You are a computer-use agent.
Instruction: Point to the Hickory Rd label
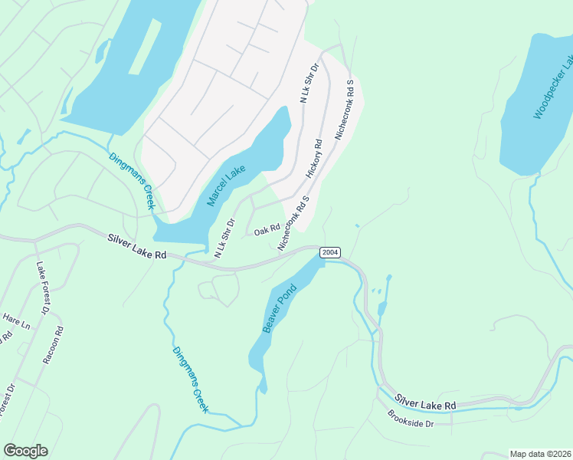[316, 158]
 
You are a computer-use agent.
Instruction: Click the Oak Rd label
[267, 229]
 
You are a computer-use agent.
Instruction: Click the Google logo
[25, 450]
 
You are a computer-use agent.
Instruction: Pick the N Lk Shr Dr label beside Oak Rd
[224, 238]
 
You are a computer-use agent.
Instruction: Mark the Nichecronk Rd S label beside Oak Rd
[293, 223]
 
